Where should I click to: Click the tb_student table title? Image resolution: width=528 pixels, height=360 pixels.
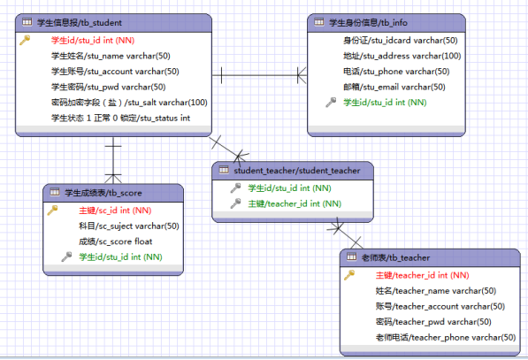80,23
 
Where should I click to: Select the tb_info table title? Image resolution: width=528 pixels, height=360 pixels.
368,23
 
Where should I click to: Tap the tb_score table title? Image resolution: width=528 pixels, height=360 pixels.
103,193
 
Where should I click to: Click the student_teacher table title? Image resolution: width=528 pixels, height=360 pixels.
297,171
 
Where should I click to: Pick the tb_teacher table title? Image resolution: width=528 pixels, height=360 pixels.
395,258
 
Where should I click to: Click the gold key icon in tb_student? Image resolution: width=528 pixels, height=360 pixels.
25,40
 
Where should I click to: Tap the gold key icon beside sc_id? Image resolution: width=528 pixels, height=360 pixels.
52,211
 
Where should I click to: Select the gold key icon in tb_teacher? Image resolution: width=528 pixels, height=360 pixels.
349,275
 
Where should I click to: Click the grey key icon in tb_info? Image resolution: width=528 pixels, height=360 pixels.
331,102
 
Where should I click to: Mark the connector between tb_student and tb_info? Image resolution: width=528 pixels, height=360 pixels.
259,75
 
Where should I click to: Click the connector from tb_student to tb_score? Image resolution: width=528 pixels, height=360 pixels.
113,160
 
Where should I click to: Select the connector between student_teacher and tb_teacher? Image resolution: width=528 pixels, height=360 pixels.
345,234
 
